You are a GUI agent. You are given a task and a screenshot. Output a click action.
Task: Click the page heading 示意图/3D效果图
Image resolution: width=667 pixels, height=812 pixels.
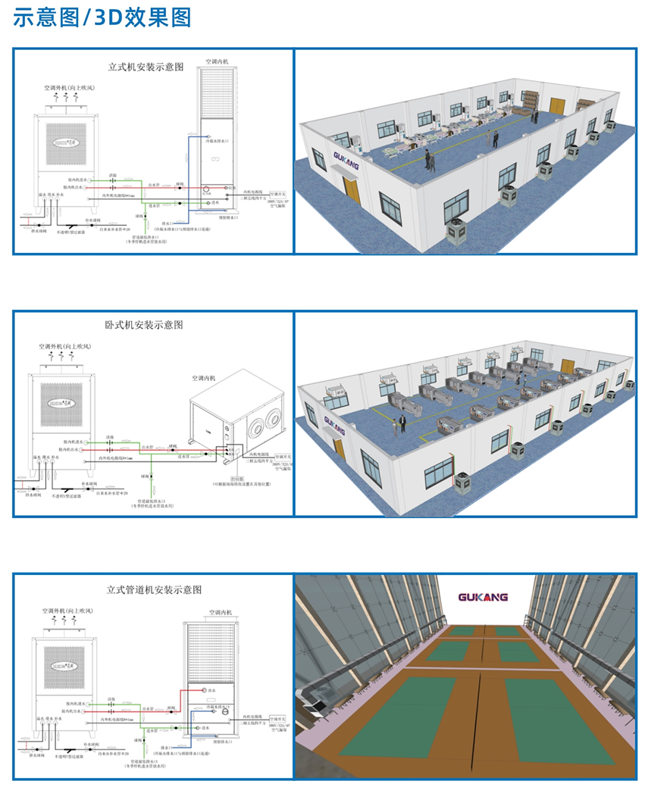click(x=102, y=17)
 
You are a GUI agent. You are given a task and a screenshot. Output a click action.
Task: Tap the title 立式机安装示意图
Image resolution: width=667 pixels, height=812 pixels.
click(x=146, y=67)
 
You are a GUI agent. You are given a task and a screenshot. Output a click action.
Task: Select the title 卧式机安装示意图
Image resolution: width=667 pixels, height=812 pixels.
click(x=144, y=325)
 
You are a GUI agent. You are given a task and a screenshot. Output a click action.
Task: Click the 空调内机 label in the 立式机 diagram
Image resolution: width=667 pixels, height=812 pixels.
click(x=217, y=61)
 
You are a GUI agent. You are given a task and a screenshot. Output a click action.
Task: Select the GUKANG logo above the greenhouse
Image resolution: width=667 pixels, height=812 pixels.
click(x=484, y=596)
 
